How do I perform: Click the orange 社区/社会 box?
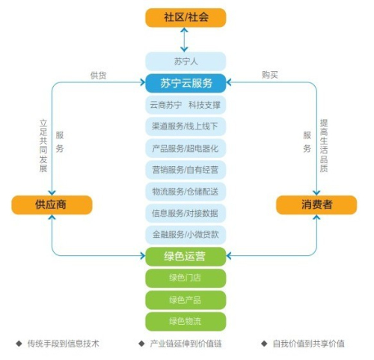point(186,17)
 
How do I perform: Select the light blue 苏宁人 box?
point(186,61)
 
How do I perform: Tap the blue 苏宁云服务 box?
point(186,83)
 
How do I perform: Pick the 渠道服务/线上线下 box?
point(186,126)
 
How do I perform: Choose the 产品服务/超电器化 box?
point(186,148)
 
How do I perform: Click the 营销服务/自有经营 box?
point(186,170)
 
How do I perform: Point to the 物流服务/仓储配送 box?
point(186,192)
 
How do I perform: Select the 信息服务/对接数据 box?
point(186,213)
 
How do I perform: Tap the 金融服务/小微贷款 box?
point(186,235)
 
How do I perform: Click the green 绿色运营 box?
point(186,257)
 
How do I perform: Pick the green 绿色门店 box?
point(186,278)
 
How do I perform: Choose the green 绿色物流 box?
point(186,322)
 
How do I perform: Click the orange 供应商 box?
point(52,205)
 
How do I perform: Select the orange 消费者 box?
point(316,205)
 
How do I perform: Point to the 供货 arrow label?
point(98,75)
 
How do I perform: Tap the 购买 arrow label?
point(270,75)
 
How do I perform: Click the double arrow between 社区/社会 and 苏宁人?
point(184,40)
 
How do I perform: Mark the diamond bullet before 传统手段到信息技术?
point(19,344)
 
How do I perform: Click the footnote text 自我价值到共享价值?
point(309,344)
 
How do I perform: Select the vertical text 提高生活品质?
point(324,146)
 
